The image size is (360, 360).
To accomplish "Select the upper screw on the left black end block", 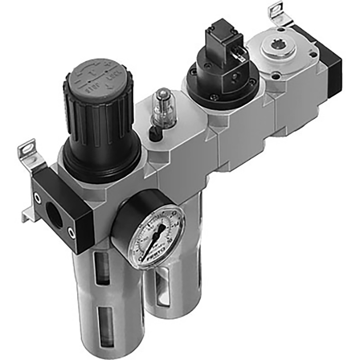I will (x=38, y=196).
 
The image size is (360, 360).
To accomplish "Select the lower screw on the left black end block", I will (x=71, y=232).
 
